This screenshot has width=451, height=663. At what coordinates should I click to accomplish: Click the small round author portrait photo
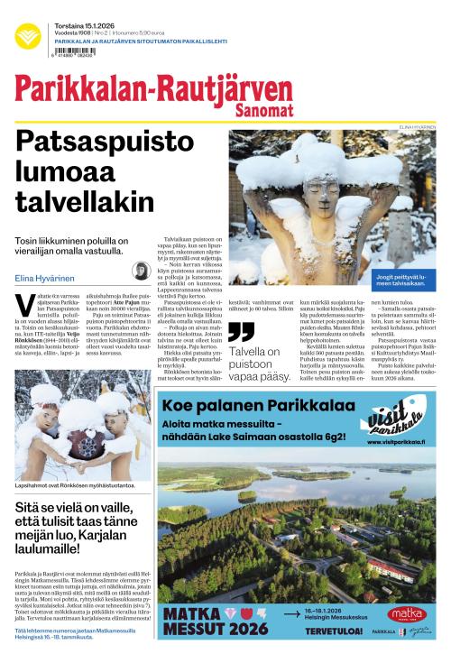click(x=142, y=272)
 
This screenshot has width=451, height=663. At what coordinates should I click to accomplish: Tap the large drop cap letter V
click(x=21, y=304)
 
